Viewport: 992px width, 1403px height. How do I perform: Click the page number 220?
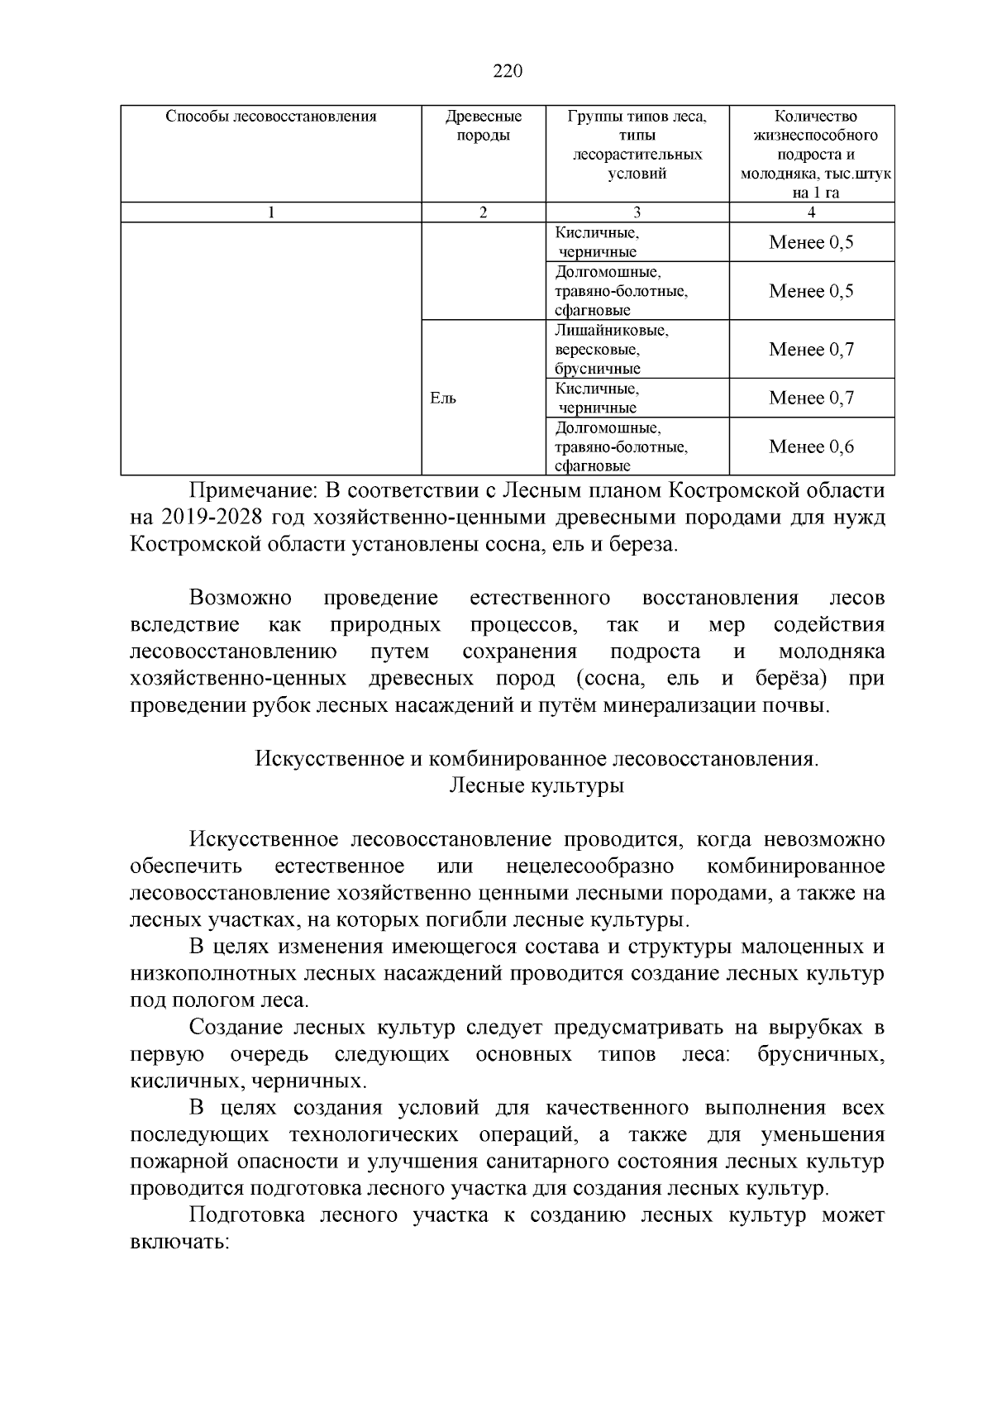pyautogui.click(x=508, y=71)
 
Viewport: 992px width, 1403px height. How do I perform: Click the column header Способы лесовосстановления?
pyautogui.click(x=271, y=117)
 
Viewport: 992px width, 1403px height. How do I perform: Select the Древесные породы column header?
pyautogui.click(x=484, y=126)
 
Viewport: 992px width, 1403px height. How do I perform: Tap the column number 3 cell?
pyautogui.click(x=637, y=212)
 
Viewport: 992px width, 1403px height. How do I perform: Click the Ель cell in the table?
pyautogui.click(x=444, y=398)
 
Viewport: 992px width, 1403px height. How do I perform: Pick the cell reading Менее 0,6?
pyautogui.click(x=811, y=446)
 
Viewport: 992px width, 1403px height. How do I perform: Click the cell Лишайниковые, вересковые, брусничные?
pyautogui.click(x=612, y=350)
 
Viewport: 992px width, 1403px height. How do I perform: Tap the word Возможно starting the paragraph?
pyautogui.click(x=241, y=598)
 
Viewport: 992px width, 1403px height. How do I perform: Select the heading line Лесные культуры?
pyautogui.click(x=536, y=785)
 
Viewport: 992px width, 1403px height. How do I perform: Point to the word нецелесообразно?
pyautogui.click(x=590, y=866)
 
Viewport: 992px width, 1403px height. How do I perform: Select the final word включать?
pyautogui.click(x=179, y=1243)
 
